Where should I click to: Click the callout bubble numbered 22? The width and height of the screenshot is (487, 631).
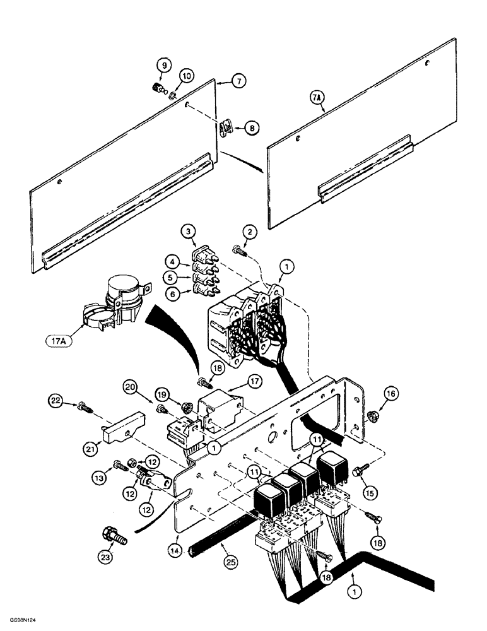(56, 400)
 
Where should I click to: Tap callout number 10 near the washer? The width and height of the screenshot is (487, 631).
(185, 76)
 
